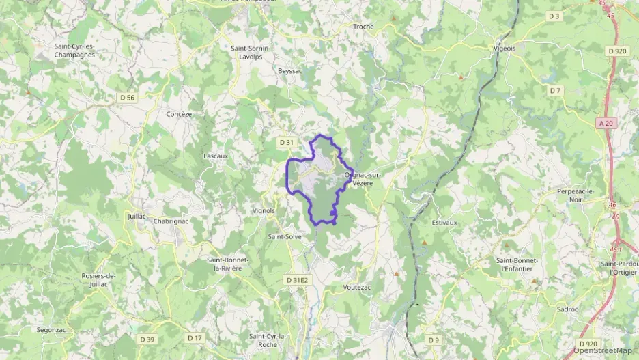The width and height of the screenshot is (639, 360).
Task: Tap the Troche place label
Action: (x=363, y=27)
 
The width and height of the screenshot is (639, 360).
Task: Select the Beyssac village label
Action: (x=289, y=71)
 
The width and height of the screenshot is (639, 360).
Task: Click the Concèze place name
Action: (x=179, y=114)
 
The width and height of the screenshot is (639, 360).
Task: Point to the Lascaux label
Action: (x=216, y=156)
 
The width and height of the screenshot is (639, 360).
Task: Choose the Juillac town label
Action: (x=137, y=216)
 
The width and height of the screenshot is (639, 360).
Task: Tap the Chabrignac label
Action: (x=171, y=221)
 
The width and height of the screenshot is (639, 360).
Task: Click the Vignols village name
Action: (x=263, y=211)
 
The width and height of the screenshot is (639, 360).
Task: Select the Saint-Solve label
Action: (x=285, y=236)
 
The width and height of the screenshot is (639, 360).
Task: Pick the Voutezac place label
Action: (x=357, y=288)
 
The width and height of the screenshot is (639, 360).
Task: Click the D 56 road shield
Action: (x=128, y=98)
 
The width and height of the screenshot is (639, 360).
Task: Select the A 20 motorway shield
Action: (x=605, y=123)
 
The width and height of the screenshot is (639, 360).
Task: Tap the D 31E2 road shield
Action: (x=297, y=280)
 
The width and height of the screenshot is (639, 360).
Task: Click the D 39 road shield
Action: (x=147, y=339)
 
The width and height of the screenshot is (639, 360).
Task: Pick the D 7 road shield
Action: (x=554, y=90)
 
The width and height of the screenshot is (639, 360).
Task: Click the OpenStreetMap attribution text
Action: (x=603, y=350)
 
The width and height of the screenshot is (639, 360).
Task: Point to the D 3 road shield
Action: (x=554, y=16)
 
